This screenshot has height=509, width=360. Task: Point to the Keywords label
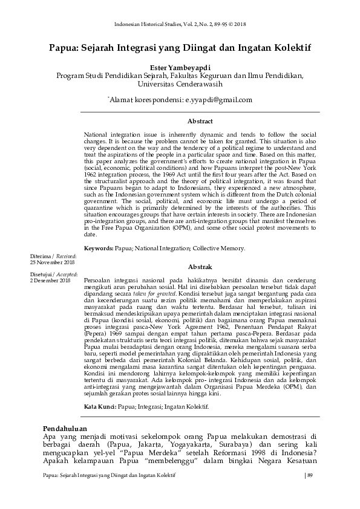(x=99, y=248)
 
